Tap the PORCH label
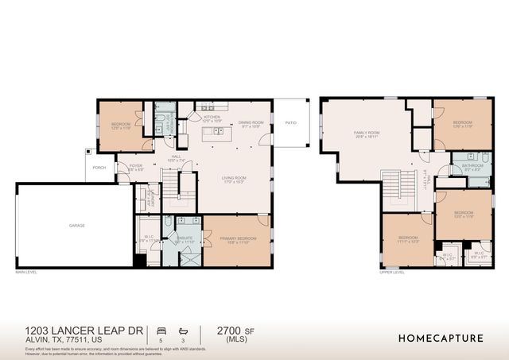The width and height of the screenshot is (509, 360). point(99,168)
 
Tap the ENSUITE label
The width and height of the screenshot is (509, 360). point(185,238)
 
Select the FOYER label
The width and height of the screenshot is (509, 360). point(135,167)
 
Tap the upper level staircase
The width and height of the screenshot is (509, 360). point(393,191)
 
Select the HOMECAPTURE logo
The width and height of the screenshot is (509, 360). point(440,338)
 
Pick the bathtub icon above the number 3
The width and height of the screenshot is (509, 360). point(184,329)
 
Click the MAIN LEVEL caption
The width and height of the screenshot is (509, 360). point(26,273)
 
